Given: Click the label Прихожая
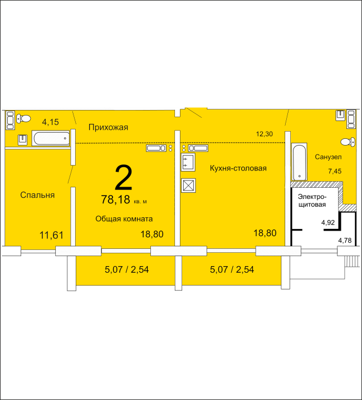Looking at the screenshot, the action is tap(108, 127).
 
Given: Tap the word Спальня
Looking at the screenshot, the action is tap(37, 195).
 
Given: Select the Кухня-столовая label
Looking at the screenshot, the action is tap(238, 168).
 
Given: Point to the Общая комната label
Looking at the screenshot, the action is tap(124, 219).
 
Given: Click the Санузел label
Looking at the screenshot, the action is tap(328, 157).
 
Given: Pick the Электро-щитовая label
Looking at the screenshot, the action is tap(312, 201).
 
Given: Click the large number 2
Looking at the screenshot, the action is tap(124, 178).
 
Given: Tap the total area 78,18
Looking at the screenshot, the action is tap(115, 199).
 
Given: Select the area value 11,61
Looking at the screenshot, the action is tap(51, 235).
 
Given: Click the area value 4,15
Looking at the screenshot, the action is tap(50, 122).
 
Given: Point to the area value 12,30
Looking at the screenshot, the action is tap(265, 134).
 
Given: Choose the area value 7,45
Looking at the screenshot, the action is tap(335, 171).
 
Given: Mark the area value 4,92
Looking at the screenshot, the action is tap(328, 222).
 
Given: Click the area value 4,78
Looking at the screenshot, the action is tap(345, 240).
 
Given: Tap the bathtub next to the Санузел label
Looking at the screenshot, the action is tap(299, 162).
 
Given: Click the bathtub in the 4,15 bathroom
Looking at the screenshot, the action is tap(51, 138).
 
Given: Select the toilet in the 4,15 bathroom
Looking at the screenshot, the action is tap(23, 118).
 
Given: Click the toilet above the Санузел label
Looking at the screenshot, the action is tap(348, 142).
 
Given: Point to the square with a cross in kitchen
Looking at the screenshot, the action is tap(188, 185).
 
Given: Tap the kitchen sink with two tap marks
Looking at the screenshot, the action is tap(188, 162).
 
